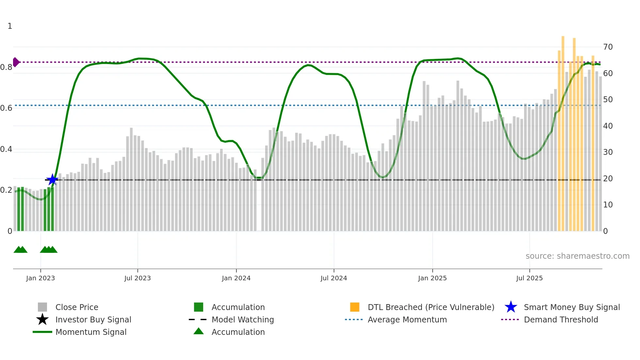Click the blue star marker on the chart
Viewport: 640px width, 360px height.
pyautogui.click(x=52, y=180)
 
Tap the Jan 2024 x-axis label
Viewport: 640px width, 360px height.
pyautogui.click(x=236, y=278)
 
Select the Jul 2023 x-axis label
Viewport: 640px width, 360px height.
pyautogui.click(x=137, y=278)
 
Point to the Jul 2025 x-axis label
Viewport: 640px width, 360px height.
pyautogui.click(x=529, y=278)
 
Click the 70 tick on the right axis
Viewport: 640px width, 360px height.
pyautogui.click(x=608, y=47)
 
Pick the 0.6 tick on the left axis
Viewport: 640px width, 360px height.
pyautogui.click(x=6, y=108)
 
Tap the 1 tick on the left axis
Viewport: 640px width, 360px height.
pyautogui.click(x=10, y=26)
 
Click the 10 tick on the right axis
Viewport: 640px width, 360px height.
pyautogui.click(x=608, y=205)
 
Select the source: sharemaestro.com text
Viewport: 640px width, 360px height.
pyautogui.click(x=577, y=256)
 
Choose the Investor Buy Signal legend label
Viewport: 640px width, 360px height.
pyautogui.click(x=93, y=320)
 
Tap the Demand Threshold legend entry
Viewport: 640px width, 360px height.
pyautogui.click(x=561, y=320)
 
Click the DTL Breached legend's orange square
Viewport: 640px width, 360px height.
pyautogui.click(x=355, y=307)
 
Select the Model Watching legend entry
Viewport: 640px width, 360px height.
pyautogui.click(x=243, y=320)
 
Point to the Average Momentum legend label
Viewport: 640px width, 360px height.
pyautogui.click(x=407, y=320)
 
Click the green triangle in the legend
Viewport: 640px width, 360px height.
pyautogui.click(x=199, y=331)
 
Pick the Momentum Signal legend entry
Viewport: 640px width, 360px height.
pyautogui.click(x=91, y=332)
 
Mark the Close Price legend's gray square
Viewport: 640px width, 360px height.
pyautogui.click(x=42, y=307)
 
